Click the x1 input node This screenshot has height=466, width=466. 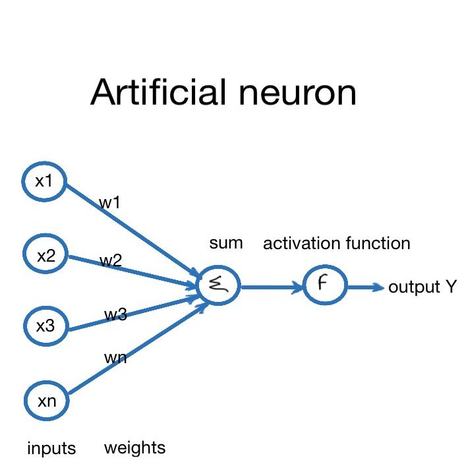coord(44,181)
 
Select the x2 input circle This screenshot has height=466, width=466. coord(45,255)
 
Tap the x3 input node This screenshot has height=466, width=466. coord(45,325)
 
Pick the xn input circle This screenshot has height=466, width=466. coord(46,399)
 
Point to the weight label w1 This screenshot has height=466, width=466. coord(109,203)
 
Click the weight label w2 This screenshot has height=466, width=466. coord(111,260)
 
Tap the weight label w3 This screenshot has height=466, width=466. coord(115,314)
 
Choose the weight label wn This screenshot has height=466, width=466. coord(115,358)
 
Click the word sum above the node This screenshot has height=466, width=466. coord(226,243)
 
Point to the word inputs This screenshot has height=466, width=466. coord(51,449)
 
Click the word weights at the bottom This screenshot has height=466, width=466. coord(134,448)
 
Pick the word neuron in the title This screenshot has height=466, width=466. coord(295,93)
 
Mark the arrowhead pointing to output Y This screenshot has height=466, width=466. coord(378,287)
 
